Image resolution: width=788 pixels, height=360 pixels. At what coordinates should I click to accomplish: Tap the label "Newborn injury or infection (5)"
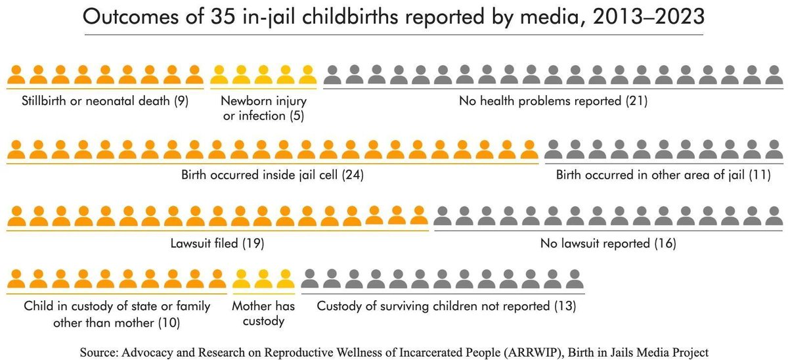[x=263, y=109]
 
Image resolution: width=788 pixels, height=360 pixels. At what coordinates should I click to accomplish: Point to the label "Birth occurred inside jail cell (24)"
[x=273, y=175]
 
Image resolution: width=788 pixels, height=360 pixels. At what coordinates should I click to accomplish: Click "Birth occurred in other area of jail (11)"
[x=663, y=175]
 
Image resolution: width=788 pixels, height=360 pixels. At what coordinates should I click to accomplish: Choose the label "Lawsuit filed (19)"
[x=217, y=243]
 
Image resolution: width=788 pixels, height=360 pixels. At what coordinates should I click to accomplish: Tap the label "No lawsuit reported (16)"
[x=608, y=243]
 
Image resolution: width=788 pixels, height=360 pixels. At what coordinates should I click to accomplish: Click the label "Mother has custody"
[x=263, y=314]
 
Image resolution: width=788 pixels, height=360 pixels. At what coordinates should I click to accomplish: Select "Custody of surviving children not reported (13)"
[x=447, y=306]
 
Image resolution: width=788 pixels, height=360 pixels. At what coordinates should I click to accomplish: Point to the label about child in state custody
[x=117, y=314]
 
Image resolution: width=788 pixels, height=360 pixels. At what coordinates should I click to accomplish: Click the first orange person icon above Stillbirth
[x=16, y=75]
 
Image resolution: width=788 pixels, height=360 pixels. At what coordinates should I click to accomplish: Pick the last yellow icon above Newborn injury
[x=306, y=75]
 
